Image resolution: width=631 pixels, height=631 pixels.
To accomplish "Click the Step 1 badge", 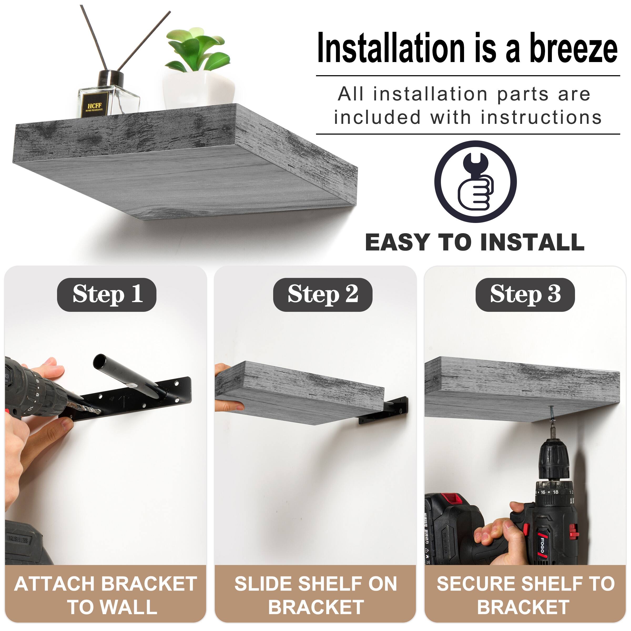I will [107, 294].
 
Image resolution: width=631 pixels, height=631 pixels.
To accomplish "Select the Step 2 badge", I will [322, 294].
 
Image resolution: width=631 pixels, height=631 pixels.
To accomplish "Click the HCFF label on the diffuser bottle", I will [95, 105].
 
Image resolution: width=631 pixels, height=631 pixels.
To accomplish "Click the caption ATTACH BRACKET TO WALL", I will [105, 595].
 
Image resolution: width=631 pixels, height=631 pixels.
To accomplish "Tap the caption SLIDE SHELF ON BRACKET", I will [315, 595].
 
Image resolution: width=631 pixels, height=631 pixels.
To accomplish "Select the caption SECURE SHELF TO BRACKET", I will [525, 595].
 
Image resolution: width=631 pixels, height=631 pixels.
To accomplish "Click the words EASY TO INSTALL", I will [475, 243].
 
